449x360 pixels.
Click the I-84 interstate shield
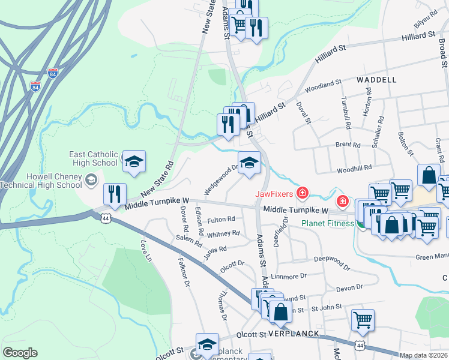53,74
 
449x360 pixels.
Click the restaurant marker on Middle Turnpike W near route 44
114,194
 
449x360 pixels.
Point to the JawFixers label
273,193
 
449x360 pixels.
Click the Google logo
20,353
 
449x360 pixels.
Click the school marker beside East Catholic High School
134,162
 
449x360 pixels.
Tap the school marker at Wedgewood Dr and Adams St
249,162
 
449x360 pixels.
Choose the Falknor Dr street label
184,274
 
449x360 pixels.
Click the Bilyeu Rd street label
426,22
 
